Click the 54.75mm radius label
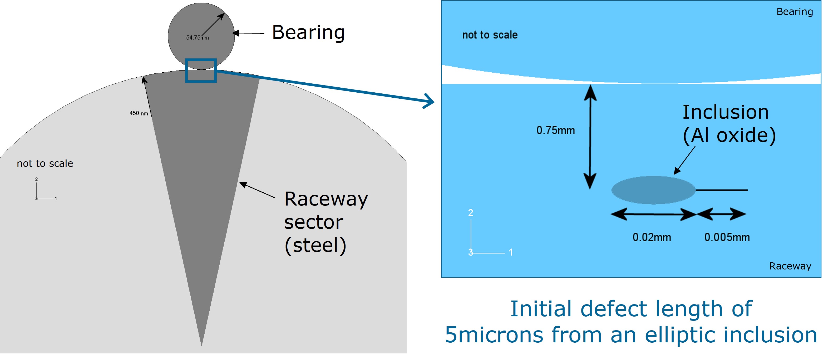[197, 38]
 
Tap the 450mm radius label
[139, 113]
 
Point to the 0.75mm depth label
[555, 131]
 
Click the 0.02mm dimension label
[651, 237]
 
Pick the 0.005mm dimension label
[727, 237]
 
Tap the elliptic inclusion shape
[653, 190]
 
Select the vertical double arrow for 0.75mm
[590, 137]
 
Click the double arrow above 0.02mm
[653, 214]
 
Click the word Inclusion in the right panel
[725, 112]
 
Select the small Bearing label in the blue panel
[794, 12]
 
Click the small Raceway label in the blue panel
[790, 266]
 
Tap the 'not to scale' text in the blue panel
[490, 35]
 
